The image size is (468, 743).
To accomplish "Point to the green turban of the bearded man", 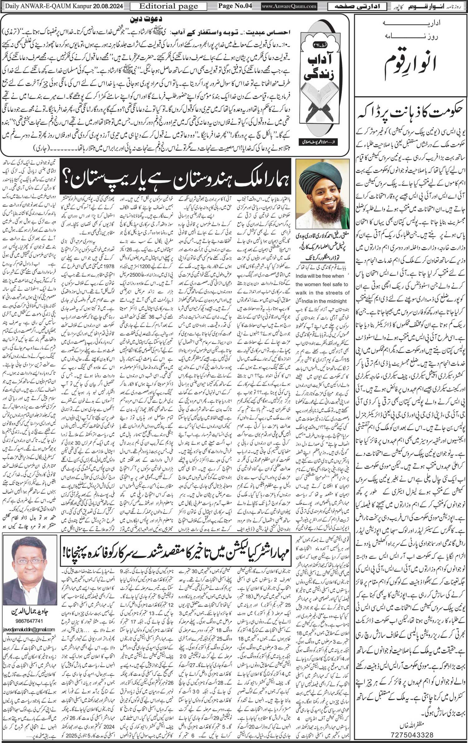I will pyautogui.click(x=323, y=177).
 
